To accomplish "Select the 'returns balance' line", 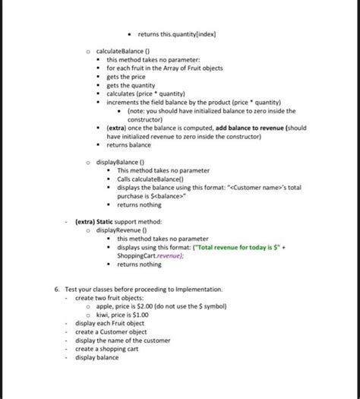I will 128,144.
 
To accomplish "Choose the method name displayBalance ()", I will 119,162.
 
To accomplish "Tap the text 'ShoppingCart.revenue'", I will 150,255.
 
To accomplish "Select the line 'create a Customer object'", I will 111,332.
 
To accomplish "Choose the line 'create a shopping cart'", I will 107,349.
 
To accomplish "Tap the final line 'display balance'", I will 96,357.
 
